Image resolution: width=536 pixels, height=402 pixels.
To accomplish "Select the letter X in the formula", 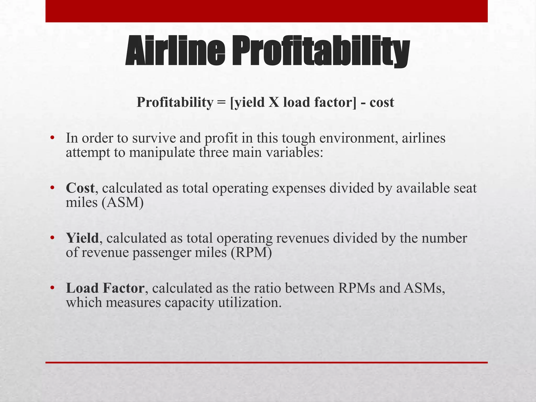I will point(274,102).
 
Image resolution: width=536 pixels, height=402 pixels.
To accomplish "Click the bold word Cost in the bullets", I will point(80,188).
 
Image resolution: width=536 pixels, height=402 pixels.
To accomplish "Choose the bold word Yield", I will point(82,238).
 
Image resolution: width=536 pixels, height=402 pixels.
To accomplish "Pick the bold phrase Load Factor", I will point(105,288).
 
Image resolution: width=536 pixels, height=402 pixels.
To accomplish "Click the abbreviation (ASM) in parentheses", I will point(122,202).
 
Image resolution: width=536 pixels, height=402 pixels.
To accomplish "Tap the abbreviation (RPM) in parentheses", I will point(251,253).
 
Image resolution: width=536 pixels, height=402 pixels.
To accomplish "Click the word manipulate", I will point(162,153).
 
